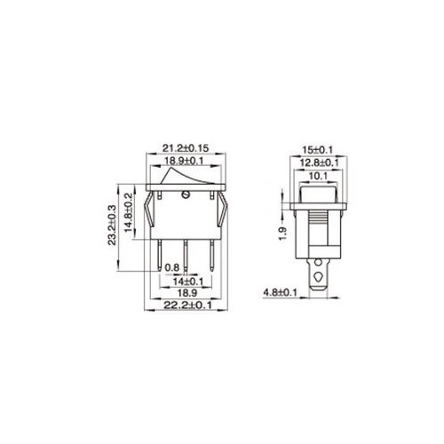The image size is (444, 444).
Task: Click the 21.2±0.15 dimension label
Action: pos(186,148)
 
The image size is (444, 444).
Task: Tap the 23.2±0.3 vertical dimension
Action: pos(112,225)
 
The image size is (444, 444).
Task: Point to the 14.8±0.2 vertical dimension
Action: pos(128,212)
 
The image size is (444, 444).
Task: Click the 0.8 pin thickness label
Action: pos(172,268)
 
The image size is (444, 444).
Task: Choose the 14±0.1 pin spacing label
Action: pos(188,281)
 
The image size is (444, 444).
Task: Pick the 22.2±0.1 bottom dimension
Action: pos(188,305)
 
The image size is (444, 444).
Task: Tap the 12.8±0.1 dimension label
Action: pos(320,163)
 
